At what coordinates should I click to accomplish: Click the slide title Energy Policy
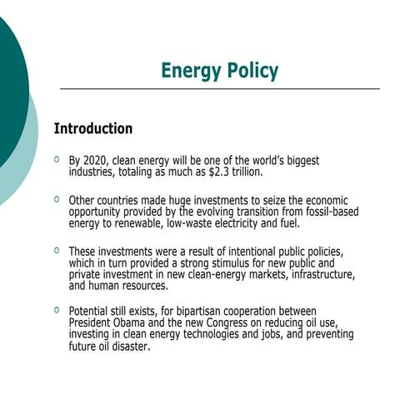pyautogui.click(x=219, y=71)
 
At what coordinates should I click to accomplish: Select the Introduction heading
pyautogui.click(x=92, y=129)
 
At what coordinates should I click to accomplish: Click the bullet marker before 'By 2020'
pyautogui.click(x=56, y=158)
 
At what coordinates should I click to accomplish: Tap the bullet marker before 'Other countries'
pyautogui.click(x=56, y=199)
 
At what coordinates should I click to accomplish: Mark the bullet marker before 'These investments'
pyautogui.click(x=56, y=250)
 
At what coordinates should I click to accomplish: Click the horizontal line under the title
pyautogui.click(x=220, y=88)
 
